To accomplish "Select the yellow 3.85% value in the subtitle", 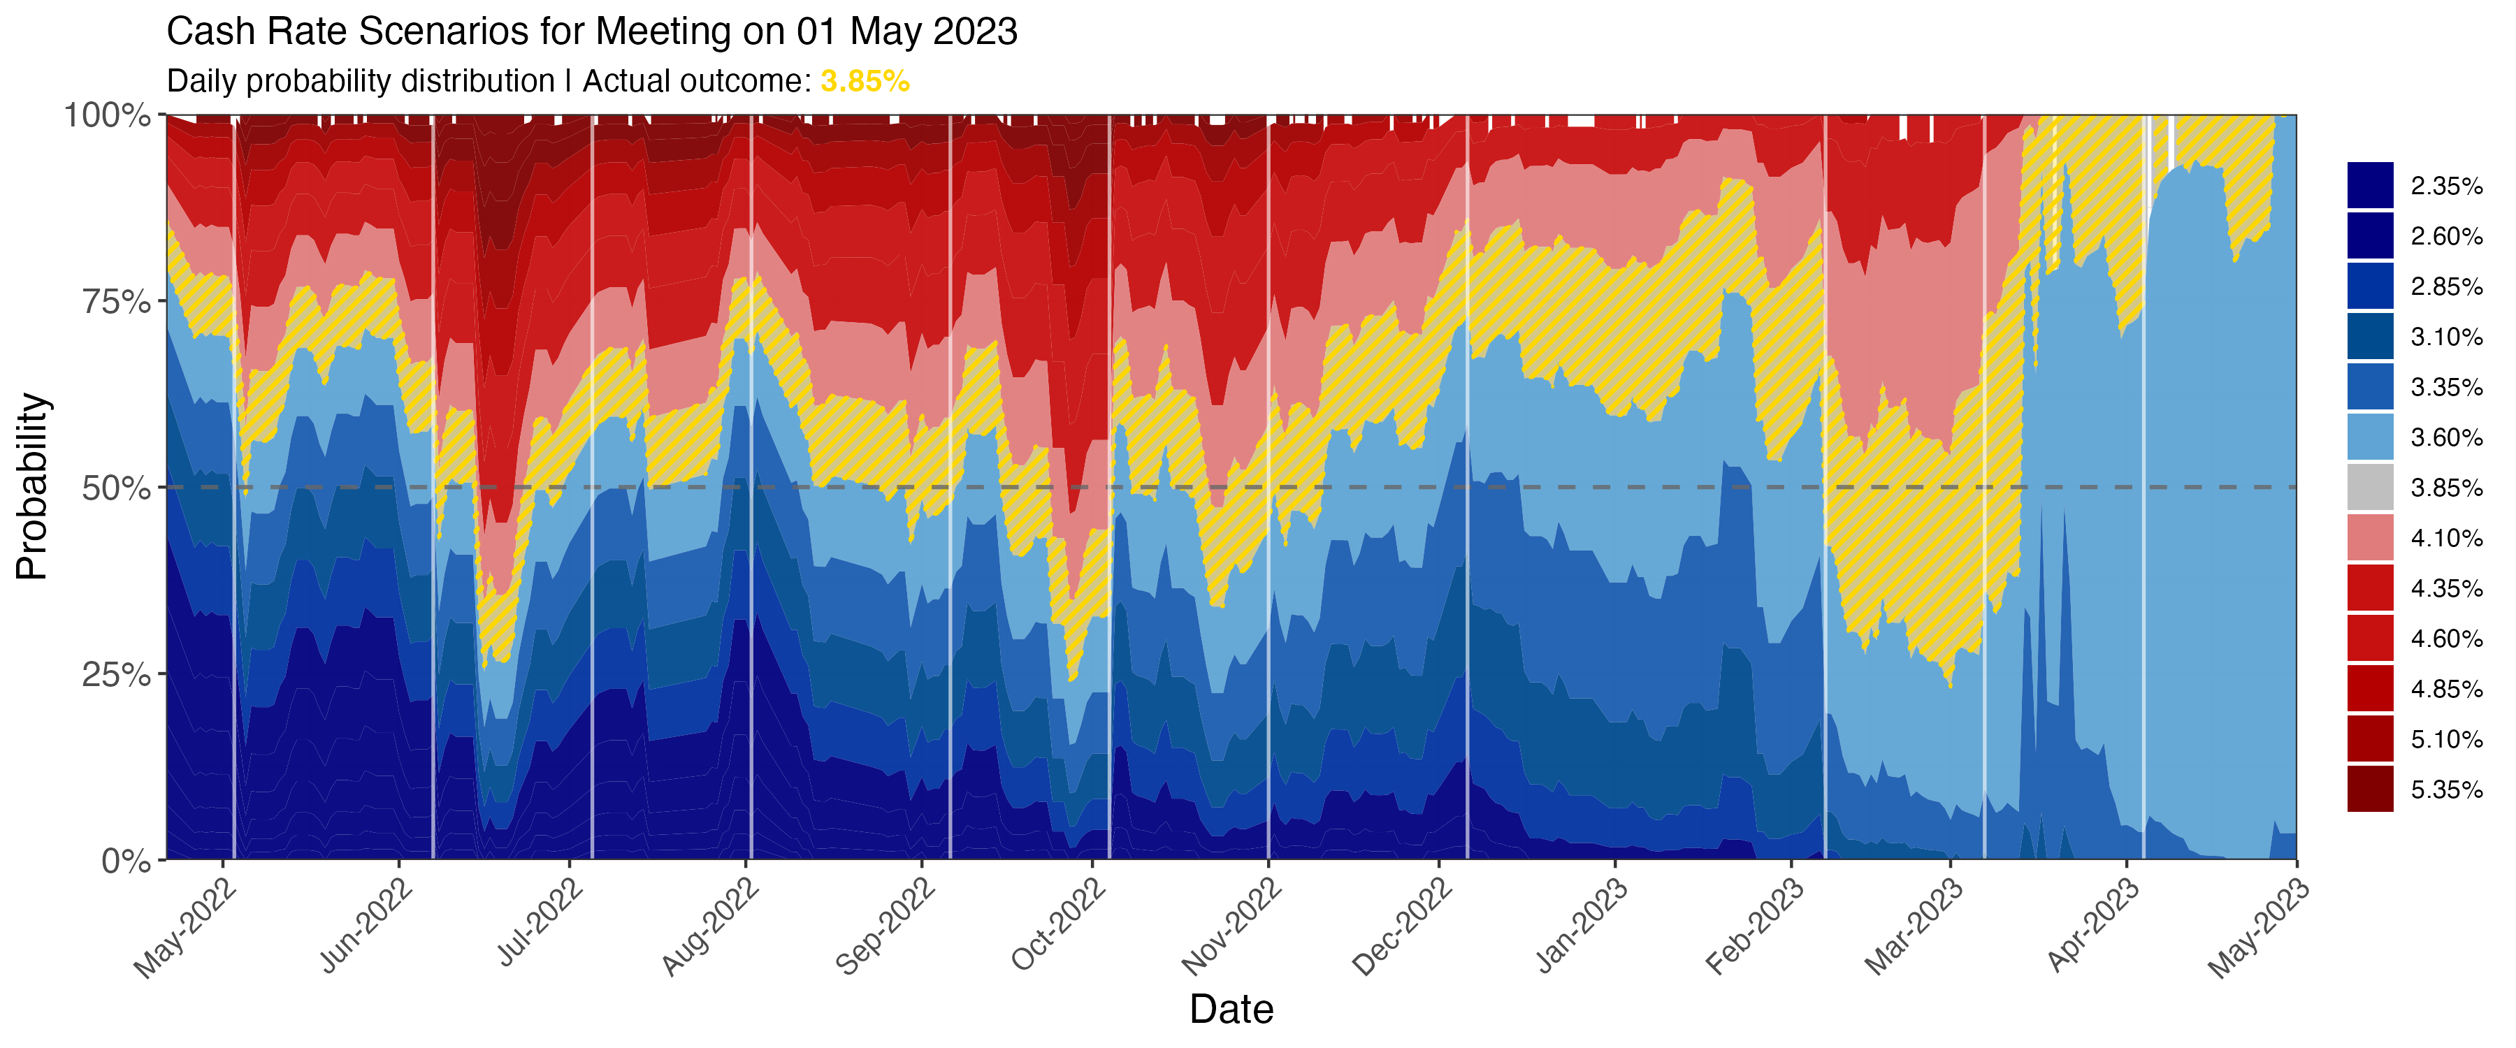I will [x=865, y=81].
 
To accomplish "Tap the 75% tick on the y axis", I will [x=116, y=302].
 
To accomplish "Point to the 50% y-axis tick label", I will [x=116, y=488].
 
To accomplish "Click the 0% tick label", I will [x=127, y=861].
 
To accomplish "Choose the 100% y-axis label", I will [x=108, y=115].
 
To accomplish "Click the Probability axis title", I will [x=31, y=486].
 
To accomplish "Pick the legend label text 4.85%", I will [x=2445, y=690].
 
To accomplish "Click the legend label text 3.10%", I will [x=2445, y=337].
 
